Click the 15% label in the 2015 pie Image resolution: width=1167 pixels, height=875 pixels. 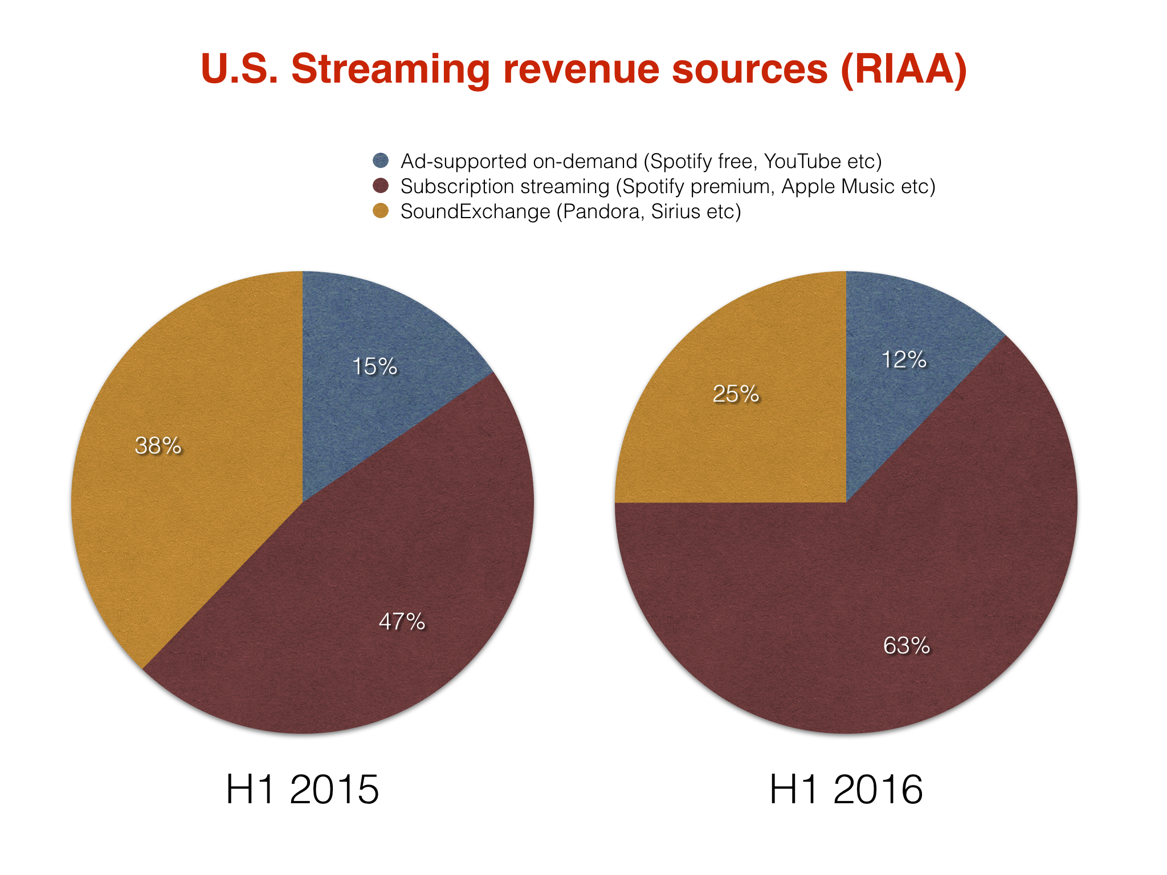[374, 366]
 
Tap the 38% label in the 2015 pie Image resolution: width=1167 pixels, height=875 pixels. [158, 445]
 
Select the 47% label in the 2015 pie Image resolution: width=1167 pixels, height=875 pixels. [402, 622]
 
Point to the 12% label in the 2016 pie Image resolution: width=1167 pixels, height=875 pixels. [904, 359]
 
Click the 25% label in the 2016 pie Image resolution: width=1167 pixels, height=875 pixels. [736, 394]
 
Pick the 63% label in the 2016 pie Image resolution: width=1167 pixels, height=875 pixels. [906, 645]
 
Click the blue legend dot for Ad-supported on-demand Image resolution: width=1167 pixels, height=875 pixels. [381, 161]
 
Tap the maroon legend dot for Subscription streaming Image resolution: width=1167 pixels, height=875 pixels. [381, 186]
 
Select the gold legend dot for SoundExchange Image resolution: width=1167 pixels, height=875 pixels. [381, 211]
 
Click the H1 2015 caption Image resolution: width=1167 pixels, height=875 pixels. [302, 790]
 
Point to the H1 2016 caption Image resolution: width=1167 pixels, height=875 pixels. [846, 790]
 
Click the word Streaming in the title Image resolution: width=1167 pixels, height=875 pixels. [390, 69]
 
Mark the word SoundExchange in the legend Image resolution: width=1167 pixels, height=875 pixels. [475, 211]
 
